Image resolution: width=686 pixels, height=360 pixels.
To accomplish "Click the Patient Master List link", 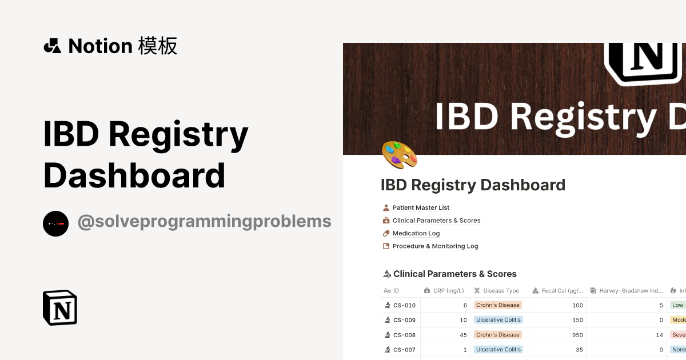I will click(x=421, y=207).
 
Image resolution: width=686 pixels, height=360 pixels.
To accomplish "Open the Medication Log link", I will click(x=416, y=233).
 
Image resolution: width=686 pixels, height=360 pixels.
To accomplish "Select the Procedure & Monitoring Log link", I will click(x=435, y=246).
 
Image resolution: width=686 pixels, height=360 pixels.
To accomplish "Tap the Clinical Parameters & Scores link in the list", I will click(x=436, y=221).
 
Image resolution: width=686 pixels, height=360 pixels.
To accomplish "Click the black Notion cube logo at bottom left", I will click(x=60, y=307).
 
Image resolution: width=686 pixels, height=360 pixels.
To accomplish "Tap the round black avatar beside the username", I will click(x=55, y=223).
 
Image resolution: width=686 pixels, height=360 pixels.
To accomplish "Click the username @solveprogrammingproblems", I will click(x=204, y=222).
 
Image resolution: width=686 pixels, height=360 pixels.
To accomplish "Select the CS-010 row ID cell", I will click(x=404, y=305).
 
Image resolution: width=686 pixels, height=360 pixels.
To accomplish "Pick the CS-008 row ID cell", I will click(x=404, y=335).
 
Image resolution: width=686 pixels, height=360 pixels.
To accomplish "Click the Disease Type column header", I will click(x=501, y=291).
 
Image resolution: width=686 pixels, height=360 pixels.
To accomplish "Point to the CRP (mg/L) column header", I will click(x=448, y=291).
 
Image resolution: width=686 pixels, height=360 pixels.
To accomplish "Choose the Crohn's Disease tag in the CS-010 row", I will click(x=498, y=305).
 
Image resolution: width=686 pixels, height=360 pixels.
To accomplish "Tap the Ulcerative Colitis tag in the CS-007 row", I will click(x=498, y=350).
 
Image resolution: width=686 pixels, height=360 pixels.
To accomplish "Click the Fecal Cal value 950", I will click(x=577, y=335).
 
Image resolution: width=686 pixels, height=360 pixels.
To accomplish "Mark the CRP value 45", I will click(x=463, y=335).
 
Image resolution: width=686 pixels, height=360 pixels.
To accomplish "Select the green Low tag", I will click(x=677, y=305).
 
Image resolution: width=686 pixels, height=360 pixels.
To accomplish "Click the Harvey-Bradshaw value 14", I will click(x=659, y=335).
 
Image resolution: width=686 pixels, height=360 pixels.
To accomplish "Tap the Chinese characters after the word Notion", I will click(x=158, y=46).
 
